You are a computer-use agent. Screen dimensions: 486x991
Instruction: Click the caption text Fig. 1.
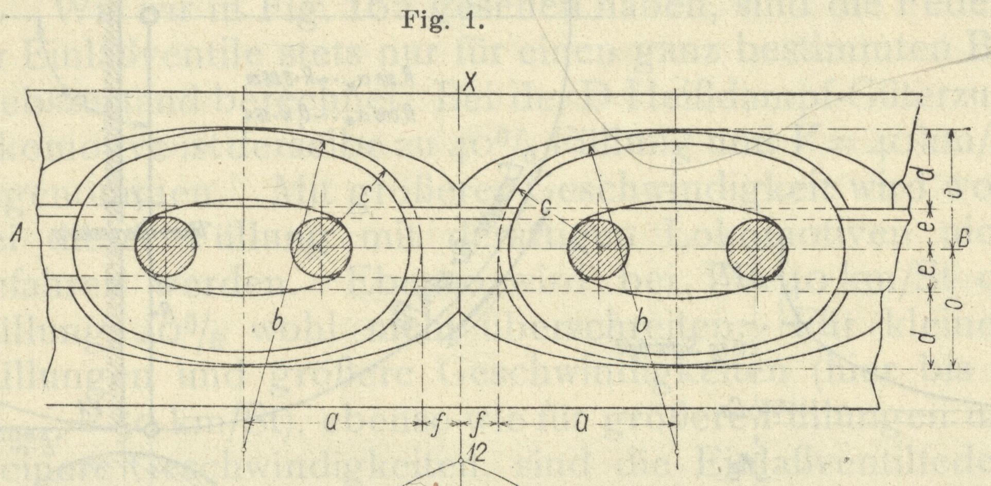pos(443,22)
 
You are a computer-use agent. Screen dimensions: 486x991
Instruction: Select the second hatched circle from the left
pos(321,248)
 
